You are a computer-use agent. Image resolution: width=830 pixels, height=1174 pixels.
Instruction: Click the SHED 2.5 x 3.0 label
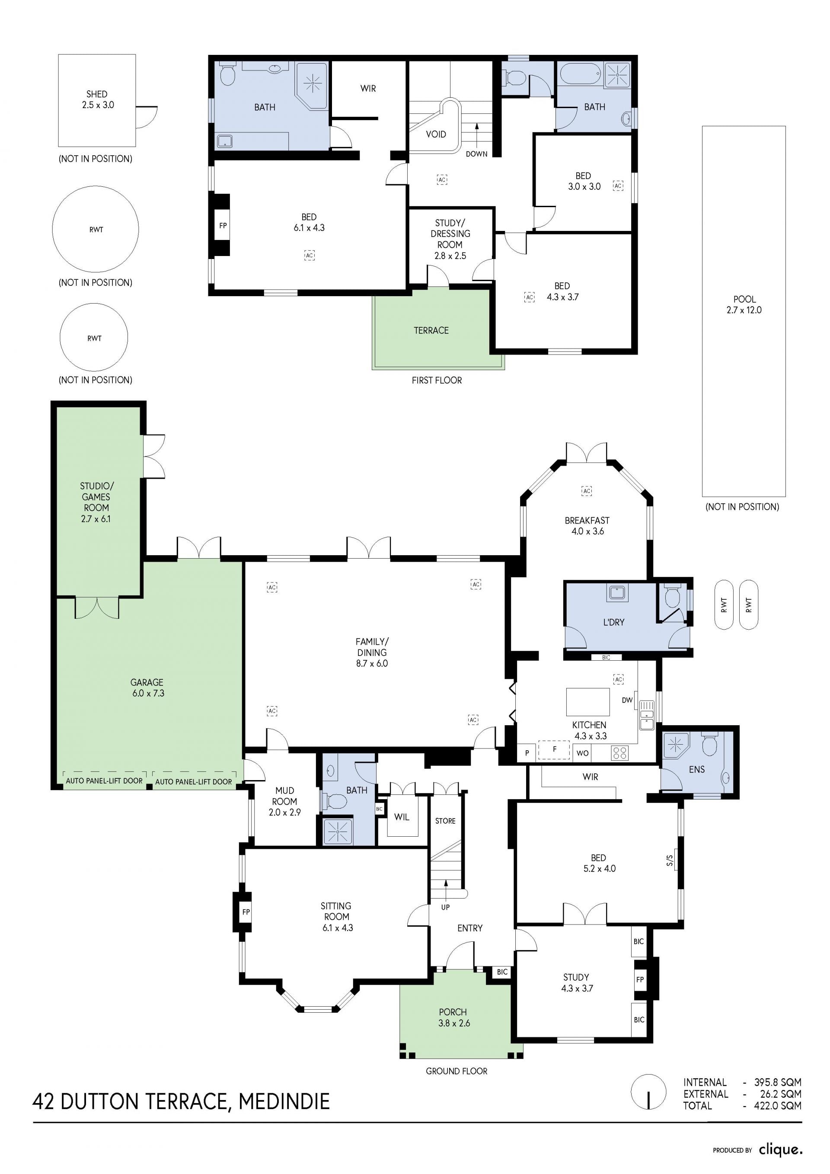(98, 100)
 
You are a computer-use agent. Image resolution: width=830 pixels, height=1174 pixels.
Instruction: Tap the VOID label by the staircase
(436, 134)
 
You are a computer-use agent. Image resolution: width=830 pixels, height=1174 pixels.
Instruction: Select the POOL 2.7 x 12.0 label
(744, 305)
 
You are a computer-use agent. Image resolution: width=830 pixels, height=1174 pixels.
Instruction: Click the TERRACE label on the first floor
(431, 330)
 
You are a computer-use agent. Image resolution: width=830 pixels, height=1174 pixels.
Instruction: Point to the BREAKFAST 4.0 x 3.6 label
(587, 526)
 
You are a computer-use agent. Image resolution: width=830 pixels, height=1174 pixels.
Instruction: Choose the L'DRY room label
(614, 622)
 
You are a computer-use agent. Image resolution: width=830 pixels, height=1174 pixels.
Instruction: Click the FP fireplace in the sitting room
(246, 912)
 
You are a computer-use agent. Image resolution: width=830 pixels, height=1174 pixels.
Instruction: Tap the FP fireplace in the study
(640, 980)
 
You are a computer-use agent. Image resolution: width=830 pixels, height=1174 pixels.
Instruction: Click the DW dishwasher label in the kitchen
(627, 700)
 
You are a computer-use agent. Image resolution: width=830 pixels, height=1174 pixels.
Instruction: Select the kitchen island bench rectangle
(588, 701)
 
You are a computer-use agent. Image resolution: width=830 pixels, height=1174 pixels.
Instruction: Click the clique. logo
(780, 1150)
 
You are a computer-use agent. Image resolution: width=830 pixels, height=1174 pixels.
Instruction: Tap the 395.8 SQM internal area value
(778, 1082)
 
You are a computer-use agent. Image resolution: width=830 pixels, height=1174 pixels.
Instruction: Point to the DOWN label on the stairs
(476, 154)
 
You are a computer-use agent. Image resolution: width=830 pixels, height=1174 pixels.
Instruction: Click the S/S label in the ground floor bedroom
(670, 861)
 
